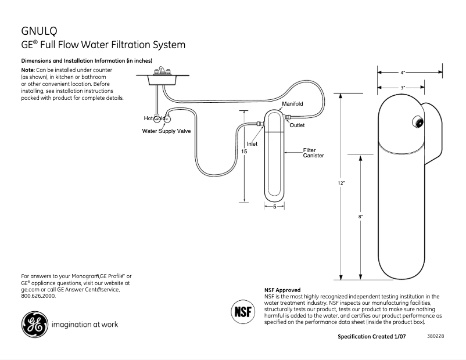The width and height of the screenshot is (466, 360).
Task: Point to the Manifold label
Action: pos(292,103)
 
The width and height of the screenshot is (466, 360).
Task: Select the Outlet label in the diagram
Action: pos(297,125)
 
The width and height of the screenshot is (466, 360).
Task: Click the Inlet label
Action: pos(252,143)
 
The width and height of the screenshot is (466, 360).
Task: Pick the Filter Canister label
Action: pos(313,153)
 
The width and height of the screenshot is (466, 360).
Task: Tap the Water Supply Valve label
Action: pos(166,131)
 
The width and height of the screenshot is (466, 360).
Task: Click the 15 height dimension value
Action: pos(244,151)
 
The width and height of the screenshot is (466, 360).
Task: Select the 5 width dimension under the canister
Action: pos(274,207)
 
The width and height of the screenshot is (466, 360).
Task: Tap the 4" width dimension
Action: pos(403,73)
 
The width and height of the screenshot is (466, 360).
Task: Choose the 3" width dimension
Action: pos(402,87)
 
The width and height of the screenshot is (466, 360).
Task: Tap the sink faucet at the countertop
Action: pos(159,71)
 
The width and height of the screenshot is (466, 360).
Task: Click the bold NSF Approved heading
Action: pos(282,290)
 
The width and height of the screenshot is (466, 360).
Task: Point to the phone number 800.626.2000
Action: pos(38,296)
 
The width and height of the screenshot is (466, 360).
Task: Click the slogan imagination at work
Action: pos(85,324)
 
